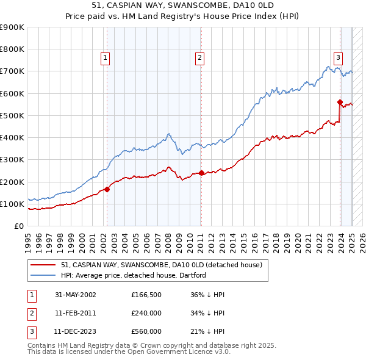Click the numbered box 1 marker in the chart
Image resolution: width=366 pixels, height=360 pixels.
click(106, 58)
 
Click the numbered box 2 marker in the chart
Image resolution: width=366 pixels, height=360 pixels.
click(199, 58)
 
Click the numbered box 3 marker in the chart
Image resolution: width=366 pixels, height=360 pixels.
click(337, 58)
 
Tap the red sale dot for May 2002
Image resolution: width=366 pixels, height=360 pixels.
click(107, 189)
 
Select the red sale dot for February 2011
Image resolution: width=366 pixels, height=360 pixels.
click(201, 173)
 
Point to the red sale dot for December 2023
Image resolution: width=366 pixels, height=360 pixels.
click(340, 102)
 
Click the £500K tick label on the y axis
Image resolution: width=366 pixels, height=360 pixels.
click(12, 115)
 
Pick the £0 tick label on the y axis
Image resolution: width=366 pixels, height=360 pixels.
click(19, 226)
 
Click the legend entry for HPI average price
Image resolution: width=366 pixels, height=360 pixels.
click(134, 275)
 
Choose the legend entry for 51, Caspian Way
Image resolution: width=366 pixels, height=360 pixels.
click(162, 265)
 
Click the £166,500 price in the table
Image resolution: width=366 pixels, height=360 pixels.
click(146, 295)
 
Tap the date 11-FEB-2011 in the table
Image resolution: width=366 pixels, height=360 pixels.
click(75, 313)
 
